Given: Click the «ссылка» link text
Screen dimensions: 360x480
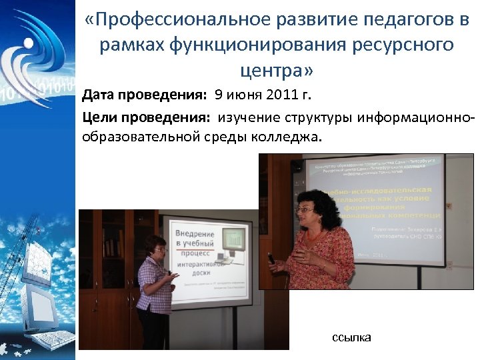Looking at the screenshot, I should [351, 338].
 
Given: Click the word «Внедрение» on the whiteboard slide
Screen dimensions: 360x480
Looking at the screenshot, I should [195, 235].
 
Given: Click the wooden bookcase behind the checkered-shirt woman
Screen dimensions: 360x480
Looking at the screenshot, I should [107, 267].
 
